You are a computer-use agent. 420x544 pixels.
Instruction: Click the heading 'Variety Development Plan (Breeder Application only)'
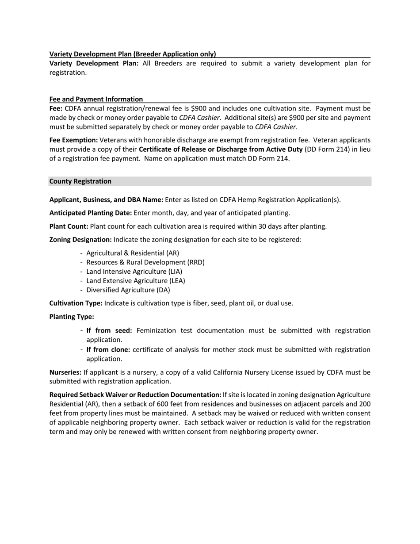point(133,54)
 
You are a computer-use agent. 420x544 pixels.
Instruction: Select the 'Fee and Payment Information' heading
point(96,99)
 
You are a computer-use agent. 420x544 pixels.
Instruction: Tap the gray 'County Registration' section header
point(80,181)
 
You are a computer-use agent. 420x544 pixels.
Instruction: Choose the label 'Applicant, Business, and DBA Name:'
point(106,199)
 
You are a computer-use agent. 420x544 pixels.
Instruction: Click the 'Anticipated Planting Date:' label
point(91,213)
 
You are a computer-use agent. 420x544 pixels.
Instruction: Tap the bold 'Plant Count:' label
point(69,226)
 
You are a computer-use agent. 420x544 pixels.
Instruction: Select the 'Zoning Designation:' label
point(80,240)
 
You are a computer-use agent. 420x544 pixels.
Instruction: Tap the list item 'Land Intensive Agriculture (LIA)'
point(134,272)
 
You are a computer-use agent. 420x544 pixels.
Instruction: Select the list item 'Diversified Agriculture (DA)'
point(128,290)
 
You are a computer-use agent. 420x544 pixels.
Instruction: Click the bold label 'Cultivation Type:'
point(76,303)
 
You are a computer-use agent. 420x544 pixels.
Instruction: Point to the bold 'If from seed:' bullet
point(109,331)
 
